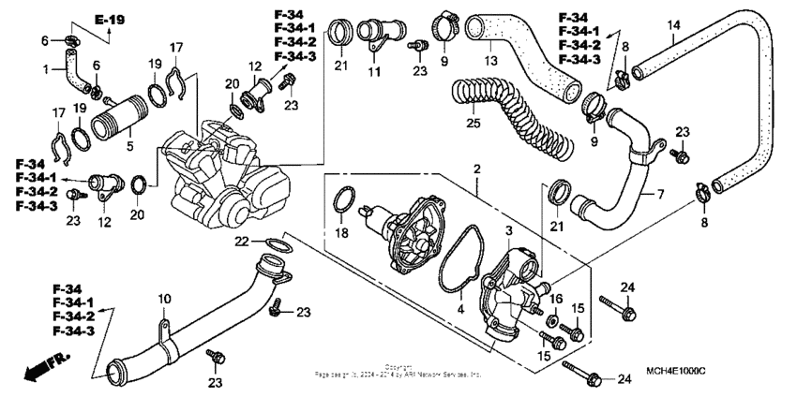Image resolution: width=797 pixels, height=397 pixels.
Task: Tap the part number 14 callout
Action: pos(672,25)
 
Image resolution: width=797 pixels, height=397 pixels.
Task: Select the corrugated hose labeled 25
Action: pos(516,116)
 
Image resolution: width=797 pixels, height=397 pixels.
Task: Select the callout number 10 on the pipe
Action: pos(164,299)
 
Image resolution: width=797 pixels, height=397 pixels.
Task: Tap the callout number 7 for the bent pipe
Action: pos(659,194)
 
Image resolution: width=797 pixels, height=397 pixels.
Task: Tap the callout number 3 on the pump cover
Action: pos(507,230)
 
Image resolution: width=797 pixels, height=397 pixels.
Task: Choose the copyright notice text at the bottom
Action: pos(398,371)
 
